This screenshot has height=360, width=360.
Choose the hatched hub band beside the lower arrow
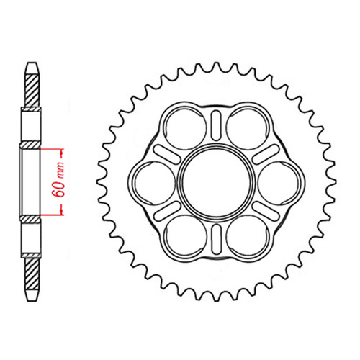pos(31,217)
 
